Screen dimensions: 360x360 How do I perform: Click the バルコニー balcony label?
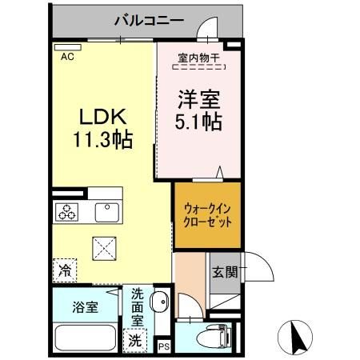point(149,19)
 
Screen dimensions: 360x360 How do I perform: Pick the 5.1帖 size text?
point(198,125)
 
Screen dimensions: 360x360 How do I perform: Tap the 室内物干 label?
point(198,58)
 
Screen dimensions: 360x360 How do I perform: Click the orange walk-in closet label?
point(207,215)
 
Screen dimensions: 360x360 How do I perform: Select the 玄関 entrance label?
point(225,272)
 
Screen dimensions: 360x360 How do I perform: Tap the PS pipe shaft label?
point(164,346)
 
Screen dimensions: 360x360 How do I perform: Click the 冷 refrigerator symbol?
point(64,270)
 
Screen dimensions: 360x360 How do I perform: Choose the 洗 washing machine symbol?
point(135,339)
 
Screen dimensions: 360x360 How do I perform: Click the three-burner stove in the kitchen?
point(66,213)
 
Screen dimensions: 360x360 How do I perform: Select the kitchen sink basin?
point(106,212)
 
